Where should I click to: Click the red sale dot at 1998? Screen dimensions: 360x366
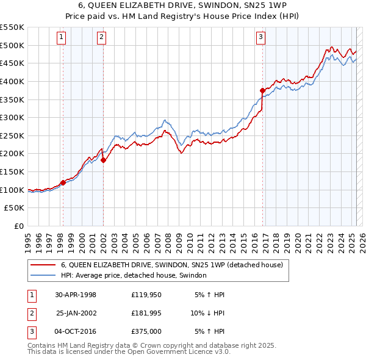(63, 182)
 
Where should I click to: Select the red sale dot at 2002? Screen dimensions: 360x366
(104, 160)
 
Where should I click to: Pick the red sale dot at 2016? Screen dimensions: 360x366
(262, 90)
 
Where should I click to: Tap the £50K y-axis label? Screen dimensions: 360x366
(15, 208)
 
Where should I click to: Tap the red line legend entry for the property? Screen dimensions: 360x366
(171, 265)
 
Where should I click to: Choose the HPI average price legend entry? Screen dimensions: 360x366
(134, 276)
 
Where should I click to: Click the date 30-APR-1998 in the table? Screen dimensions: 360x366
(76, 295)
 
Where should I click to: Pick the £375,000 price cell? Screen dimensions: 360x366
(146, 333)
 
